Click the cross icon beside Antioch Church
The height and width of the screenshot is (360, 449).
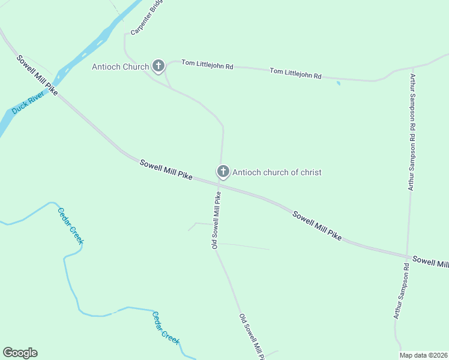158,66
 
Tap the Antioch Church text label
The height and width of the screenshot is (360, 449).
120,67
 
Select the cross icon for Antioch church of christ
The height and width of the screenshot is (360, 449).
223,172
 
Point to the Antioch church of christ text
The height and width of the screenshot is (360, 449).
277,172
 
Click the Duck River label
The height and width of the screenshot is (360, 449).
29,103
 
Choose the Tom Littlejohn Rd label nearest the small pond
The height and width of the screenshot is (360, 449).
295,74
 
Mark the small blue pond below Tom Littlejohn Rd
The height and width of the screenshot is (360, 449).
339,83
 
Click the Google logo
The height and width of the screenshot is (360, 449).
20,353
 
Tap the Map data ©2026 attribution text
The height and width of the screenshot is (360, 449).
424,355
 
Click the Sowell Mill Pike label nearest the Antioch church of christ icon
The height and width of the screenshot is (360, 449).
166,169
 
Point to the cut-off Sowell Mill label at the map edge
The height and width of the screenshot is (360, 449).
430,263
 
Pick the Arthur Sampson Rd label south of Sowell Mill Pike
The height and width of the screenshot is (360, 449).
401,295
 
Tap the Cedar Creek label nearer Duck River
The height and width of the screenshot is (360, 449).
70,226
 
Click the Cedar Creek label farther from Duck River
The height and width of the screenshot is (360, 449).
165,328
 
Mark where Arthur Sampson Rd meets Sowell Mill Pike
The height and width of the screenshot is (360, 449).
408,257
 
